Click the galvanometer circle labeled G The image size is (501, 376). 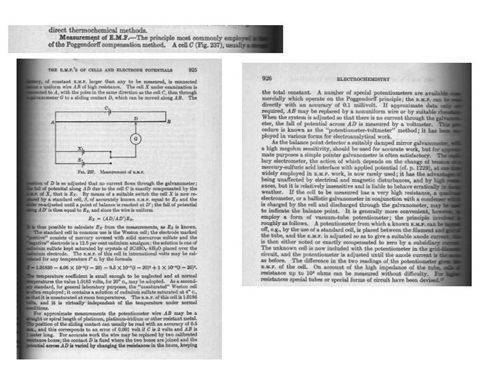135,139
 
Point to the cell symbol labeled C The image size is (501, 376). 108,112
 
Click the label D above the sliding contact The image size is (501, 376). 135,118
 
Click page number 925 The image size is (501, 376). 193,70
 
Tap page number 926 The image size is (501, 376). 267,79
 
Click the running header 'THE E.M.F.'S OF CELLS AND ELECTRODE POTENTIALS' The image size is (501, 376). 110,70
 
